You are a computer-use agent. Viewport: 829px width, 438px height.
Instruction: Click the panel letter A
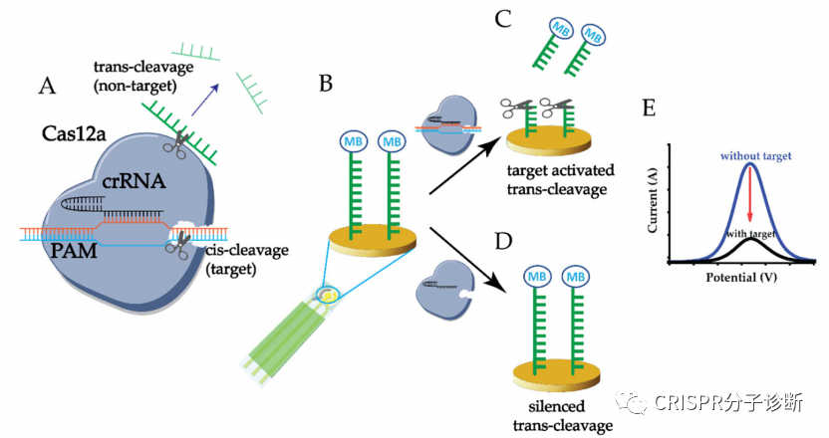46,87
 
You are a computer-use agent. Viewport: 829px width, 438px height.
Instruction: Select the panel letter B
325,85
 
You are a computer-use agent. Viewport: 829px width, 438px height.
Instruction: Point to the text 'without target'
750,156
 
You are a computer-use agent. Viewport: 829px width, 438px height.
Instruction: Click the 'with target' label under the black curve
753,234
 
